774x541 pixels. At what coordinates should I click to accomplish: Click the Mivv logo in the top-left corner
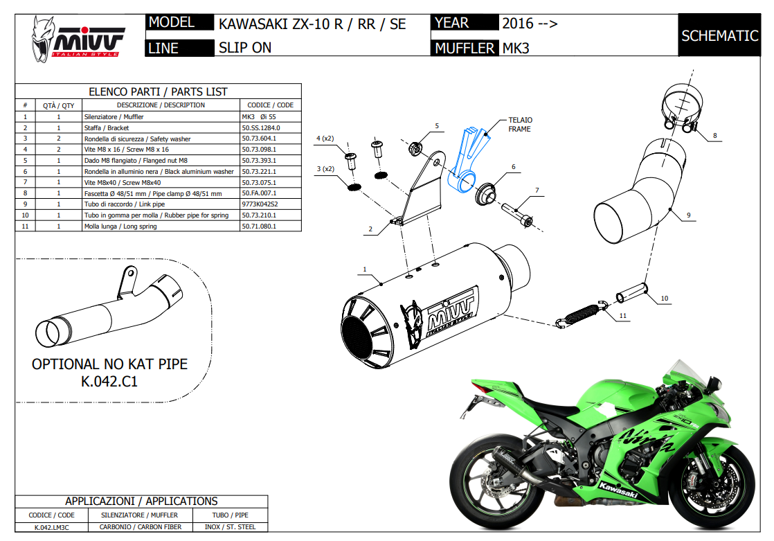pos(77,38)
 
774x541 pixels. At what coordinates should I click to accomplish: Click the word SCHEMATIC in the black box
pos(719,36)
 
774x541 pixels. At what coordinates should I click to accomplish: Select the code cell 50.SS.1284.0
pos(261,127)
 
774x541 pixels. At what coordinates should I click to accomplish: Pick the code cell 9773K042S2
pos(260,204)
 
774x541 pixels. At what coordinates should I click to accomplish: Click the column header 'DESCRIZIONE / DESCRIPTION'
pos(161,105)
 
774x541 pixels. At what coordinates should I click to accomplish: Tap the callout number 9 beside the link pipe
pos(689,215)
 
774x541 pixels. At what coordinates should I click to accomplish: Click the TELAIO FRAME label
pos(520,125)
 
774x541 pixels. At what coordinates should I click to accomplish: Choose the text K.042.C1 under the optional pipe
pos(109,380)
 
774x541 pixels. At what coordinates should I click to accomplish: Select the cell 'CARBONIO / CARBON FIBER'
pos(139,527)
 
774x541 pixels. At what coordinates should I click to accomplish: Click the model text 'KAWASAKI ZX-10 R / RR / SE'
pos(312,24)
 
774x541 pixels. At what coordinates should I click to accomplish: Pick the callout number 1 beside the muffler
pos(364,268)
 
